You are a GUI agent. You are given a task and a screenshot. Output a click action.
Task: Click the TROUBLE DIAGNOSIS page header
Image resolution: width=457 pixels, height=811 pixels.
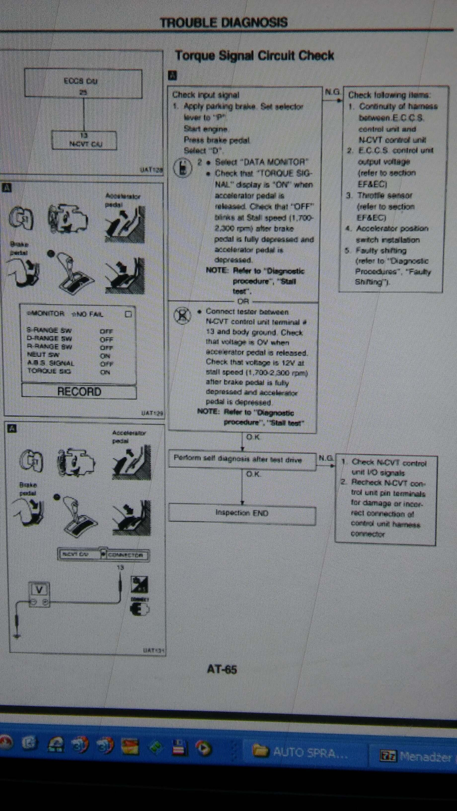point(224,23)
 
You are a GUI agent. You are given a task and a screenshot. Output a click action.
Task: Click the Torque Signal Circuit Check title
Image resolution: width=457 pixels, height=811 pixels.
point(254,55)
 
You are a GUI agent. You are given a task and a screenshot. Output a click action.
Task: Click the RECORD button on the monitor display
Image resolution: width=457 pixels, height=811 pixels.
point(79,392)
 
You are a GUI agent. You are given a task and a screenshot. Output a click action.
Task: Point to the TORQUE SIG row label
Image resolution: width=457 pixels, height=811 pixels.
point(49,371)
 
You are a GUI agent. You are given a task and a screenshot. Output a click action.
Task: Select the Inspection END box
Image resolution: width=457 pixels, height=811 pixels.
point(242,513)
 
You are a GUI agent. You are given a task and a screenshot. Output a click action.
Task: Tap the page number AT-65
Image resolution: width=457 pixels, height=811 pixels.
point(222,669)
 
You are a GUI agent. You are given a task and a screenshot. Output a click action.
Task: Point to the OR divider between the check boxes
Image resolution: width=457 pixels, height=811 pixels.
point(243,302)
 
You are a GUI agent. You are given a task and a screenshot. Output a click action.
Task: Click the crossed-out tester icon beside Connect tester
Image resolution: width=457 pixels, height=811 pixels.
point(182,316)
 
